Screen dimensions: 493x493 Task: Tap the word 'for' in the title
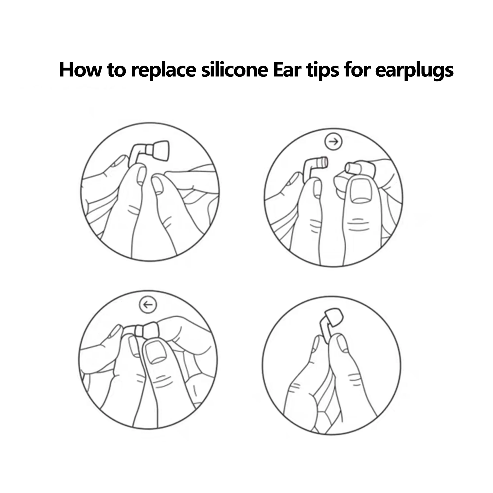pos(357,70)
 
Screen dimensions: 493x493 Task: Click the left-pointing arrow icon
pos(148,305)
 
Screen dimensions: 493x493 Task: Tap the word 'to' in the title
pos(116,70)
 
